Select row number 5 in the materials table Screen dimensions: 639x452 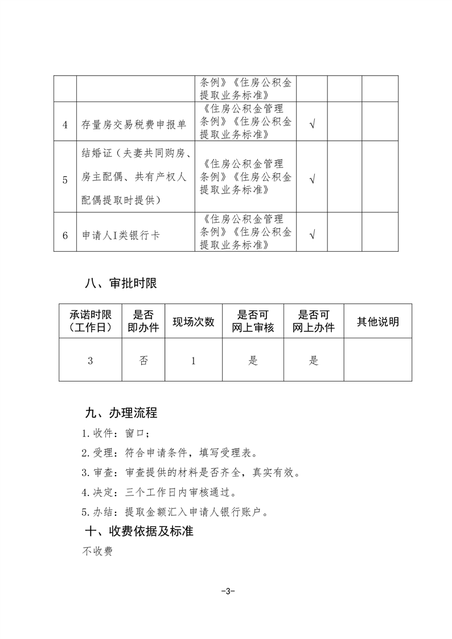coord(65,179)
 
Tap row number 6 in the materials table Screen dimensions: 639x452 coord(65,235)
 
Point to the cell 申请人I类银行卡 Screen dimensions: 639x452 coord(118,235)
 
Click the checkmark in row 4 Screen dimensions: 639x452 coord(312,124)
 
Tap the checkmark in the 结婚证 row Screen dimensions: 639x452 coord(312,178)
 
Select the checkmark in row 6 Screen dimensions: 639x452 coord(312,234)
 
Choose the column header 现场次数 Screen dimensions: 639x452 coord(194,322)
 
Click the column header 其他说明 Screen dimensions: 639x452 coord(377,322)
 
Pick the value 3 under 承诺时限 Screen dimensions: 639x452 coord(90,361)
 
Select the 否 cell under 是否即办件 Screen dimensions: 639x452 coord(143,361)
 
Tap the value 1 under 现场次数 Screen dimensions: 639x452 coord(194,361)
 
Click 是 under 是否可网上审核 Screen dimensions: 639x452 coord(253,361)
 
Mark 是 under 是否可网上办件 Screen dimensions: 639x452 coord(314,361)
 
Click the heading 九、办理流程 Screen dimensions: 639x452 coord(120,412)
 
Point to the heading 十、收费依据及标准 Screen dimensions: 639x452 coord(138,531)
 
